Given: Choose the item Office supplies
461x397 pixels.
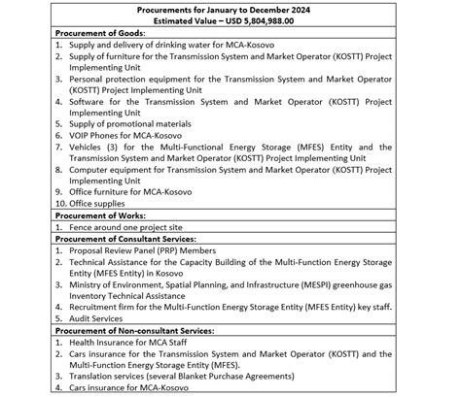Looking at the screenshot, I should [x=103, y=202].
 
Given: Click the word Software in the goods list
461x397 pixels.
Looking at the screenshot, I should [x=89, y=100].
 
